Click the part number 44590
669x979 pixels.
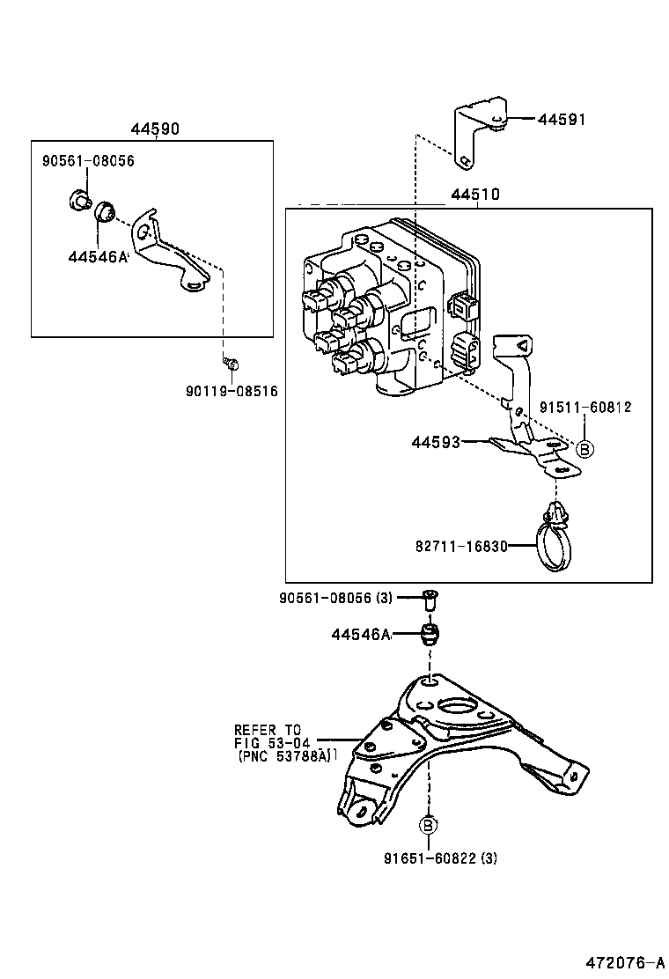(x=155, y=129)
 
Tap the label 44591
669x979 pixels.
(x=561, y=119)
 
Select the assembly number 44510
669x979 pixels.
(x=475, y=195)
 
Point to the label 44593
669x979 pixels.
(x=436, y=442)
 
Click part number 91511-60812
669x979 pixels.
(x=585, y=407)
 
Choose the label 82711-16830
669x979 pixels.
(x=461, y=546)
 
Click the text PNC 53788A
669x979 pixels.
(x=287, y=755)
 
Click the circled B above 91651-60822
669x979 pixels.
(x=427, y=825)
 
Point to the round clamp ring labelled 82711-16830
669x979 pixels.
(x=555, y=548)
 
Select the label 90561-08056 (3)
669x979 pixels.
(x=335, y=599)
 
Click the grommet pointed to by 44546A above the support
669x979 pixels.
(x=430, y=634)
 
